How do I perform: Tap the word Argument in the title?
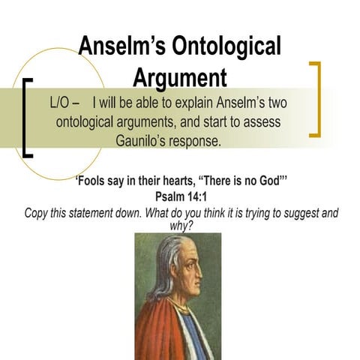pos(180,78)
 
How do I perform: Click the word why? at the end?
pos(180,225)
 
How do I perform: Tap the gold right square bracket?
pos(316,99)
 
